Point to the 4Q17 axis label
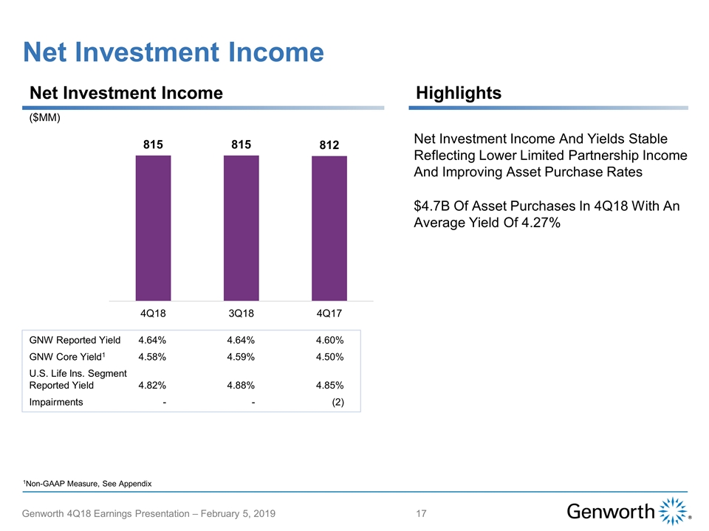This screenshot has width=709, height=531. point(329,313)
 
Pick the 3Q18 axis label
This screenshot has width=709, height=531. point(242,313)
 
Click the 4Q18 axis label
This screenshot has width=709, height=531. point(153,313)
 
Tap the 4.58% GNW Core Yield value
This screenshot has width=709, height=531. point(151,357)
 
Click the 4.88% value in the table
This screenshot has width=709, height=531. point(241,384)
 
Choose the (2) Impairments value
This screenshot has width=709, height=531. point(338,402)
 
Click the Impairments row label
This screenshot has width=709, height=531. point(56,402)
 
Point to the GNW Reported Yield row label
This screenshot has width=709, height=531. point(75,340)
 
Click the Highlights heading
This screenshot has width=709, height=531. point(459,93)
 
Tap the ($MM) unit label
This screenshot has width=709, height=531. point(44,119)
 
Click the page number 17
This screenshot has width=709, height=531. point(422,513)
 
